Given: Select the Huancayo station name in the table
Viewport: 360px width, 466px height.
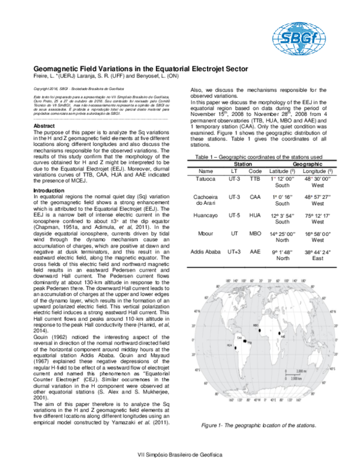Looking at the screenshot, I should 206,214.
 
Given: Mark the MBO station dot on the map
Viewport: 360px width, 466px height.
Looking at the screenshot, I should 260,330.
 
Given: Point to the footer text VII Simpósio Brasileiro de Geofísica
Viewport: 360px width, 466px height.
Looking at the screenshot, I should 180,455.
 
